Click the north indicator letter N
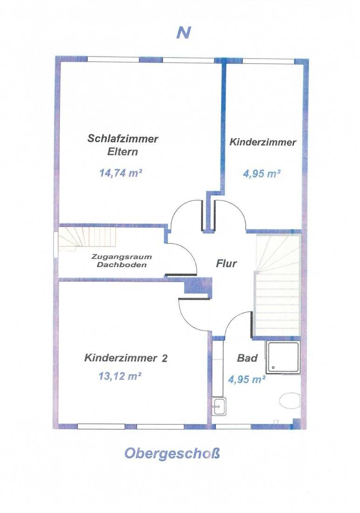pos(184,32)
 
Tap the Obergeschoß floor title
pos(172,454)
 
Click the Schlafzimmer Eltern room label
pos(122,145)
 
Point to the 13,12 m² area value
pos(120,376)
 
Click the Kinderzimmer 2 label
pos(126,358)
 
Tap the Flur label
pos(226,263)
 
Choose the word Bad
pos(247,358)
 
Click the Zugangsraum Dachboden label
pos(122,261)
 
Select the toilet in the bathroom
pos(290,401)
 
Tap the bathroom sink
pos(218,406)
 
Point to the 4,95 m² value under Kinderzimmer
pos(262,173)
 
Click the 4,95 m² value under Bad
pos(246,379)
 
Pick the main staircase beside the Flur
pos(277,285)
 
